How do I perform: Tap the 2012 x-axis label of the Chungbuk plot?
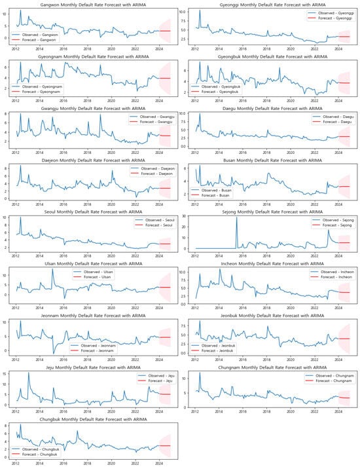click(x=15, y=463)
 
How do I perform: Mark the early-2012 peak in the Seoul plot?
click(x=20, y=219)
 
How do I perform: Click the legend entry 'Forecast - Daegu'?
click(x=327, y=122)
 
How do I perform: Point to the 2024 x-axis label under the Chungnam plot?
click(x=338, y=411)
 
